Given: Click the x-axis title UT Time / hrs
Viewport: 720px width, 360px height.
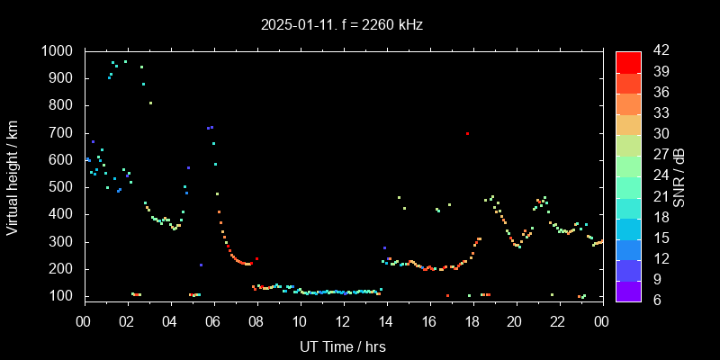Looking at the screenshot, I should click(342, 346).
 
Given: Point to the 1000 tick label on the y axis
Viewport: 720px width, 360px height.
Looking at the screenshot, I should click(58, 51).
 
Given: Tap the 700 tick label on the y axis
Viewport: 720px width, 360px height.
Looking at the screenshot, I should click(63, 133).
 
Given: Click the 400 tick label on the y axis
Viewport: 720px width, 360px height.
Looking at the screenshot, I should click(63, 214).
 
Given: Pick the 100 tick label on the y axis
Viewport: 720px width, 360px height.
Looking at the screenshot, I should click(63, 296).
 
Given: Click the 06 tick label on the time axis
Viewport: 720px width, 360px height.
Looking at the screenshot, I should click(213, 321).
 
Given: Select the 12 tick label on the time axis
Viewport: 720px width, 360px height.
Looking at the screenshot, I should click(343, 321).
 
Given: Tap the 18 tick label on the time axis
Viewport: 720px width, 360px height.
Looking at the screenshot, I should click(472, 321).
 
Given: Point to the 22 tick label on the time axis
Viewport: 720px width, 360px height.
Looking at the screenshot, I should click(558, 321).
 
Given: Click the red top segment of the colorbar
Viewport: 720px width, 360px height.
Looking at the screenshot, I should click(628, 61).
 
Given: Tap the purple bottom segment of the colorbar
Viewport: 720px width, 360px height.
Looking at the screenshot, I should click(628, 290).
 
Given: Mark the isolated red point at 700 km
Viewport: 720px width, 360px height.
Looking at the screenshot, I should click(467, 133).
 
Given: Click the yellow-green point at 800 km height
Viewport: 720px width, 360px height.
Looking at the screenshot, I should click(150, 103).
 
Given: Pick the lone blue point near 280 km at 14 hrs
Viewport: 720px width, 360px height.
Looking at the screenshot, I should click(384, 247).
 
